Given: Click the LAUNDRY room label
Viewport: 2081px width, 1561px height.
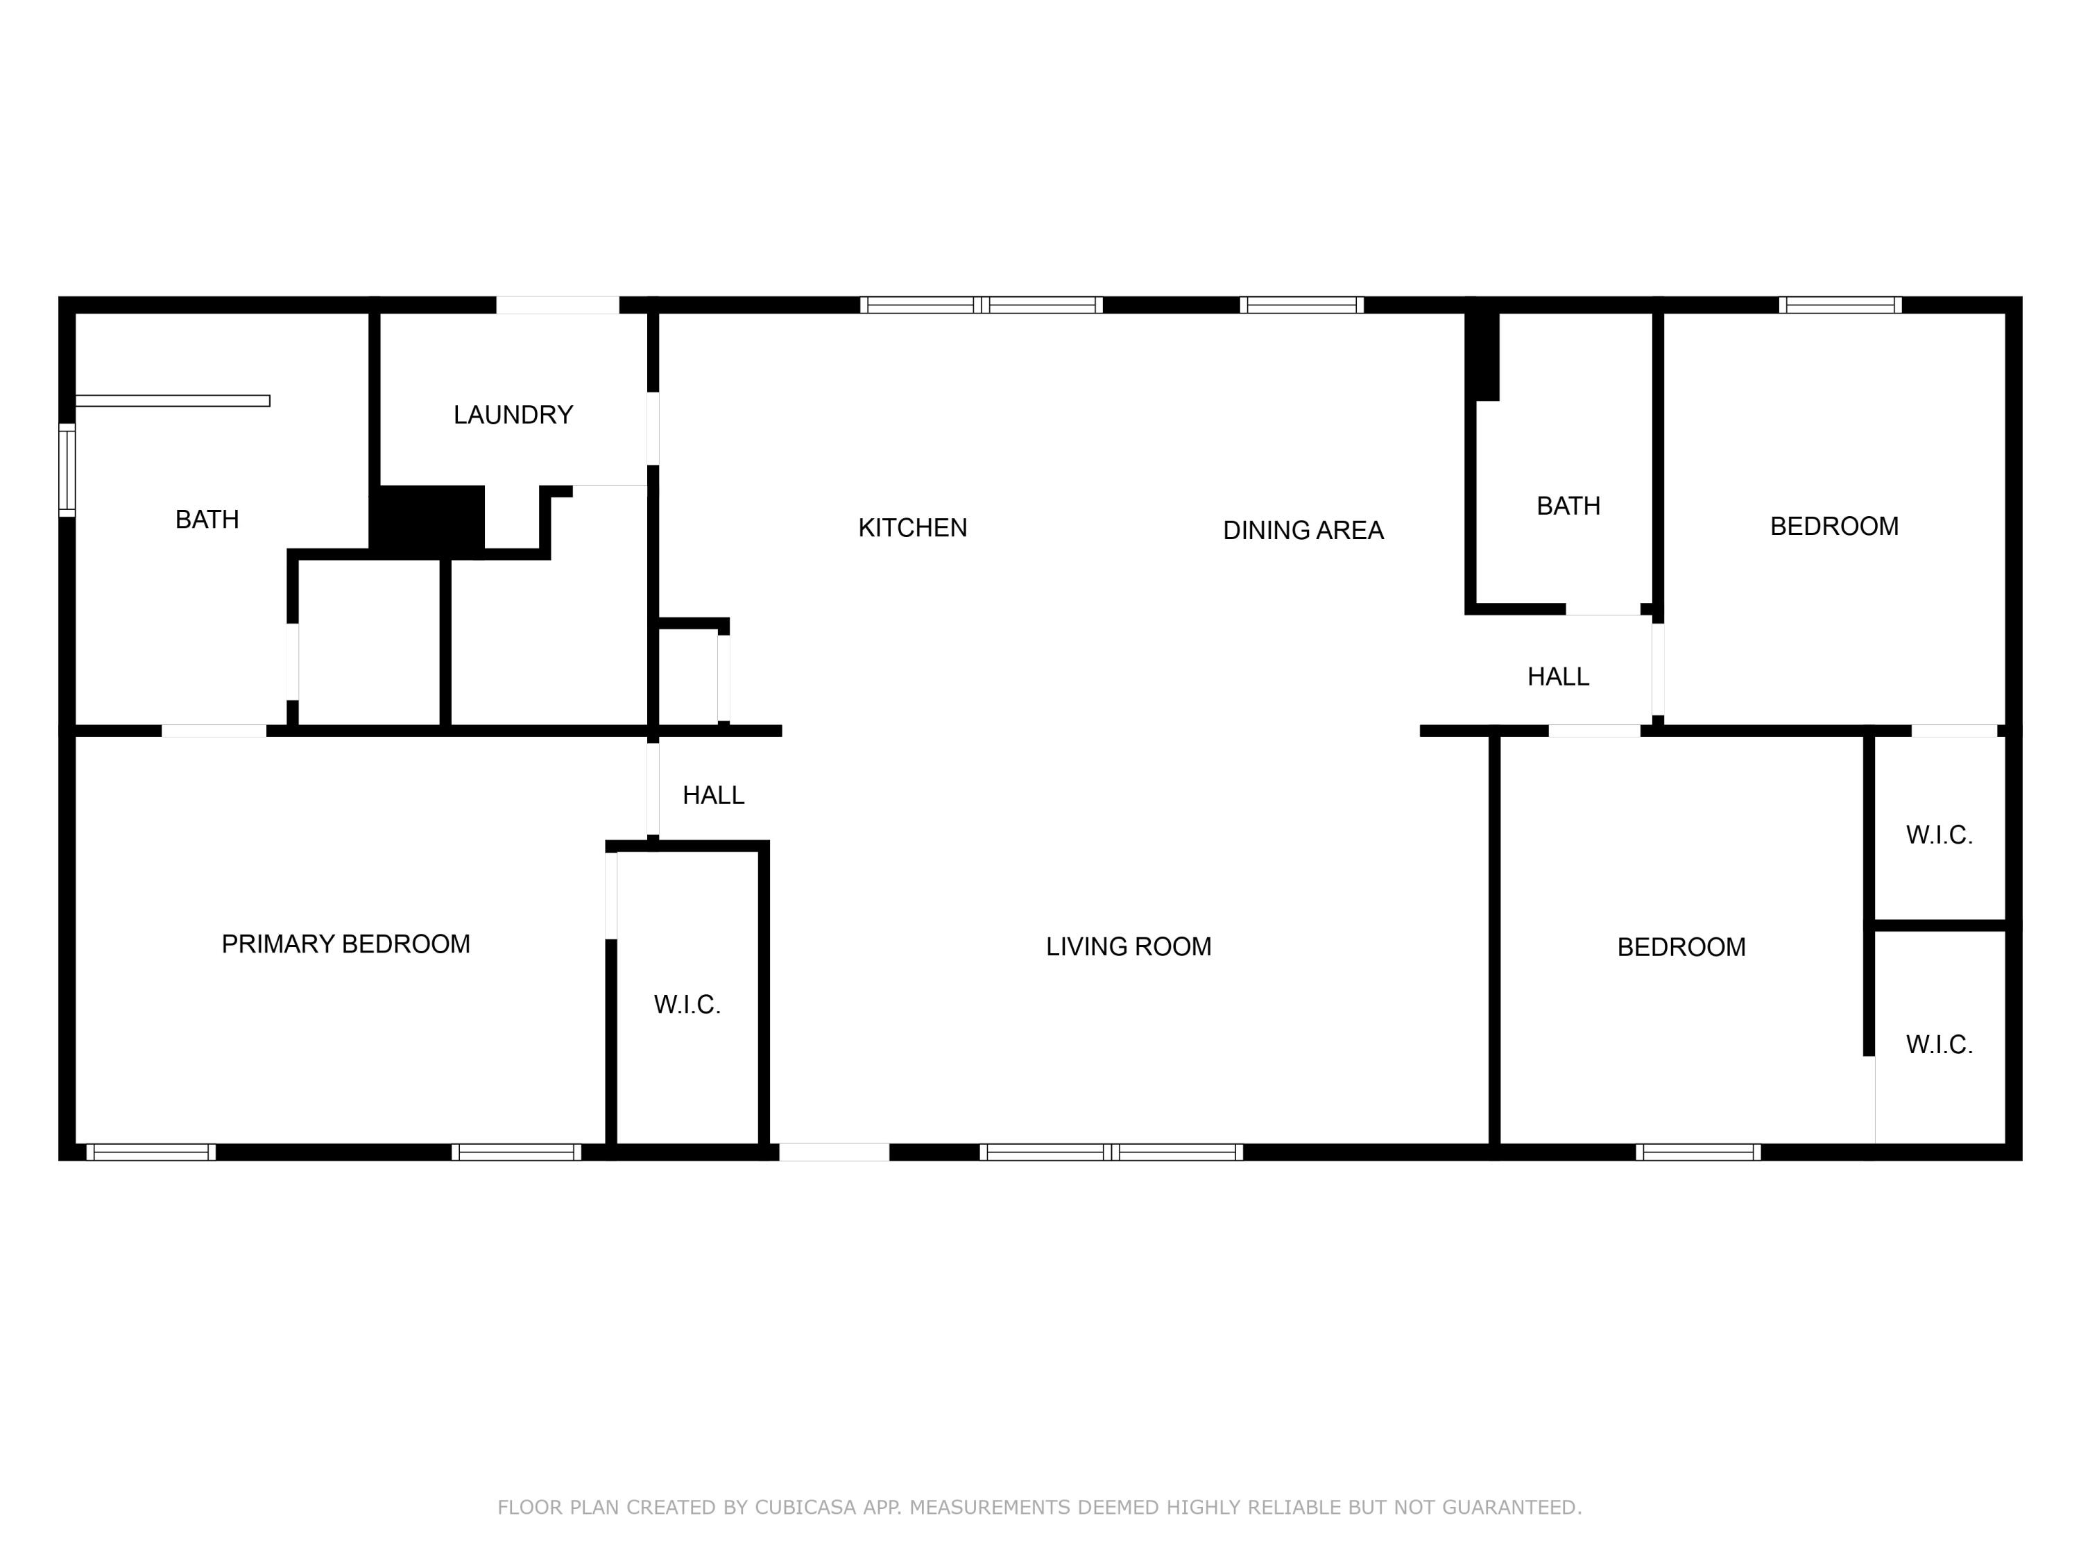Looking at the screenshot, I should pyautogui.click(x=513, y=415).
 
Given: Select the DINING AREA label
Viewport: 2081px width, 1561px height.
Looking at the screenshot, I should pyautogui.click(x=1302, y=531).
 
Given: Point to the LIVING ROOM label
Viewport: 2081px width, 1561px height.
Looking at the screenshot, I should pyautogui.click(x=1128, y=946).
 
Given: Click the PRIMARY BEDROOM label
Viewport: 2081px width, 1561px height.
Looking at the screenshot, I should pyautogui.click(x=345, y=944).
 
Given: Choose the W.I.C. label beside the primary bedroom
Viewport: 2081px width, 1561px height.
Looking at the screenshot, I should pyautogui.click(x=687, y=1005).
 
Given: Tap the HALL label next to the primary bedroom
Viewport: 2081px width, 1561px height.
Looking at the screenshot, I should pyautogui.click(x=713, y=796).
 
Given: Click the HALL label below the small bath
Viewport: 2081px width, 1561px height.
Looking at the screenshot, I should pyautogui.click(x=1558, y=676).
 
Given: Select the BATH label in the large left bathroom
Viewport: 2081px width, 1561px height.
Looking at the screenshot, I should pyautogui.click(x=207, y=520).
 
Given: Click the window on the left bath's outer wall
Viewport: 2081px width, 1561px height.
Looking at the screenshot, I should pyautogui.click(x=67, y=470).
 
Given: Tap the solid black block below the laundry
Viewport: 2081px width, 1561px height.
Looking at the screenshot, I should pyautogui.click(x=429, y=518).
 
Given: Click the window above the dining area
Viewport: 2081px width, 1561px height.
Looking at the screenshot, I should pyautogui.click(x=1301, y=305).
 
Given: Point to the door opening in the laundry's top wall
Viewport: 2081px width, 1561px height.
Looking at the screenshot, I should pyautogui.click(x=557, y=305).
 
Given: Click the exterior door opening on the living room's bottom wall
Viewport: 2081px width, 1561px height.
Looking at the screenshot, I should pyautogui.click(x=834, y=1152).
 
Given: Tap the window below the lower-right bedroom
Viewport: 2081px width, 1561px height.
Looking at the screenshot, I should pyautogui.click(x=1697, y=1152).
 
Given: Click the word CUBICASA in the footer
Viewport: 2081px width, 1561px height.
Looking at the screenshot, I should pyautogui.click(x=805, y=1508).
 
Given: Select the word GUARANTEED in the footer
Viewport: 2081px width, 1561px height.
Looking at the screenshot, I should pyautogui.click(x=1510, y=1508).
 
